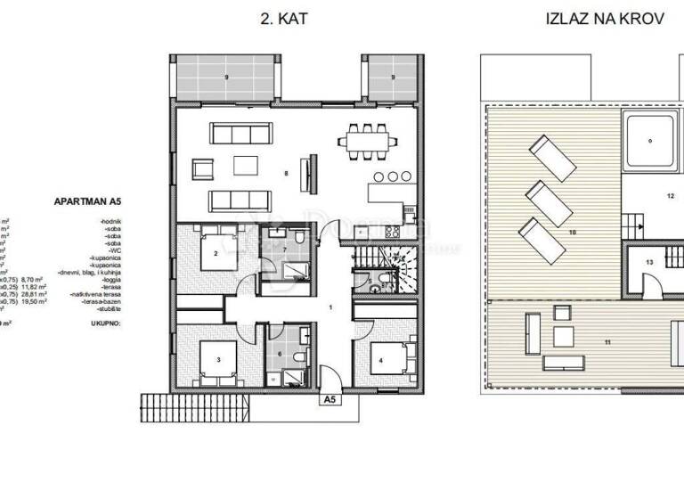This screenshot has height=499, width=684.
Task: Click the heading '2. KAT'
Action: (x=284, y=18)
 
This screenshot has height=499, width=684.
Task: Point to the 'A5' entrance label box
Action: (x=330, y=401)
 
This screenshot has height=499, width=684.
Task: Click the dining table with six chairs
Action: (x=367, y=140)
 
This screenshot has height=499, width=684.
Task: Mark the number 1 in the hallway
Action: (x=331, y=307)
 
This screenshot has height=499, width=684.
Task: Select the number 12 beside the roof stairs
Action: (x=670, y=194)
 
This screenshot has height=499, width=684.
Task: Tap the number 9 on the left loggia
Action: (x=227, y=78)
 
